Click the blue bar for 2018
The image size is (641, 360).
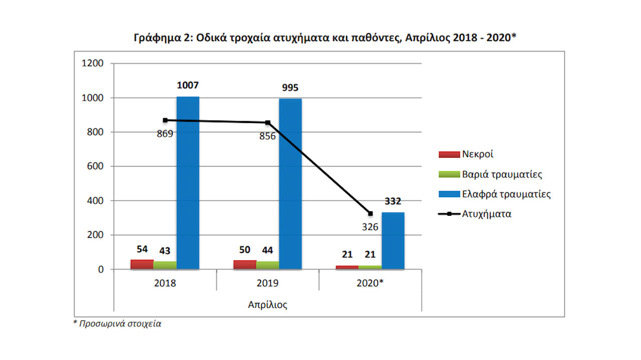click(x=188, y=183)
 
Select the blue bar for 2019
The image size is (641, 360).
click(x=290, y=184)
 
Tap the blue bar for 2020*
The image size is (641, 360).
click(x=393, y=241)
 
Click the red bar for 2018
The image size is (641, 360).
click(x=142, y=264)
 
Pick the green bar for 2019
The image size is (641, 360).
click(x=267, y=265)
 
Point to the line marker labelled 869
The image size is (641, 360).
click(x=165, y=120)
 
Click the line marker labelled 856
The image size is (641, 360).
click(x=268, y=123)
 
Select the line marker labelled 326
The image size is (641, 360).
click(x=371, y=214)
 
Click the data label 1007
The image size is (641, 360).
click(x=188, y=86)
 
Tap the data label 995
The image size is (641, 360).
click(x=290, y=88)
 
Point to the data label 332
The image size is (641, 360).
click(x=393, y=202)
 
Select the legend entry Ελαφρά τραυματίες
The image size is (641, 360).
click(x=506, y=194)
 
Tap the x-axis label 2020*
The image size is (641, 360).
click(x=370, y=283)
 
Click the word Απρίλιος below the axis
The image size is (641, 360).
click(x=268, y=304)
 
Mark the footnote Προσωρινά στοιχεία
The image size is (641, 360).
click(x=120, y=323)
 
